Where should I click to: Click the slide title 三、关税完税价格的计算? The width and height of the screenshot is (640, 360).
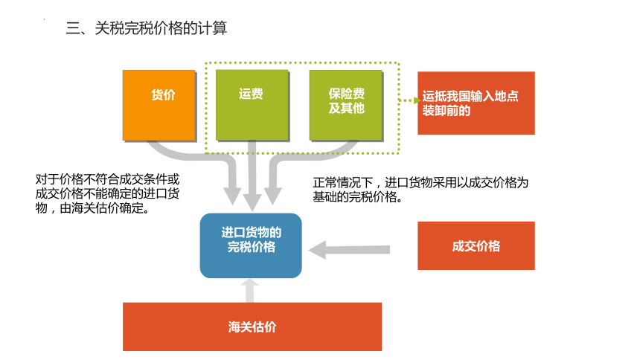click(x=146, y=28)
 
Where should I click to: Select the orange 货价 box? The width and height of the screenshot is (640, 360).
click(x=159, y=106)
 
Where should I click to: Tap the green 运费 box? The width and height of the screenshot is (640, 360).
click(x=252, y=105)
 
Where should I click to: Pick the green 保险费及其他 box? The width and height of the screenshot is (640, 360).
click(x=346, y=105)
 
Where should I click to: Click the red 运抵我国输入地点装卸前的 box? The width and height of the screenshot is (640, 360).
click(x=476, y=103)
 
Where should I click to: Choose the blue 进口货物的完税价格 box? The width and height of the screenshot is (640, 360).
click(x=251, y=245)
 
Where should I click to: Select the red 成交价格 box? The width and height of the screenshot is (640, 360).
click(x=476, y=245)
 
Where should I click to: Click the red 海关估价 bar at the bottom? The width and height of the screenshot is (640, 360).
click(x=252, y=327)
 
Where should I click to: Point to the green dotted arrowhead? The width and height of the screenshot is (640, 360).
click(x=417, y=100)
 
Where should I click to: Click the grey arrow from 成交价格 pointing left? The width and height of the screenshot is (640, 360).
click(x=349, y=250)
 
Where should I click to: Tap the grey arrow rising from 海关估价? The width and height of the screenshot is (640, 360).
click(x=250, y=291)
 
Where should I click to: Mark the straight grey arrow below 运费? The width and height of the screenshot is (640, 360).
click(x=252, y=176)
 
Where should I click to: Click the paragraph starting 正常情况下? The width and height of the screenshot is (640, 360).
click(x=420, y=190)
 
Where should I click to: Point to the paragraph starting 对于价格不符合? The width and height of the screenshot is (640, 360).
click(x=107, y=193)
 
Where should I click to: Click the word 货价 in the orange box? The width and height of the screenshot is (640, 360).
click(x=163, y=94)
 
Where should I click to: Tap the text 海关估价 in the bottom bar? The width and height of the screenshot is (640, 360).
click(x=252, y=327)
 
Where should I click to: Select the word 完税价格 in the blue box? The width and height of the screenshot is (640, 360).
click(x=252, y=247)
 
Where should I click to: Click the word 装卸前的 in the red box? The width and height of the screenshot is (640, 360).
click(x=446, y=111)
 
